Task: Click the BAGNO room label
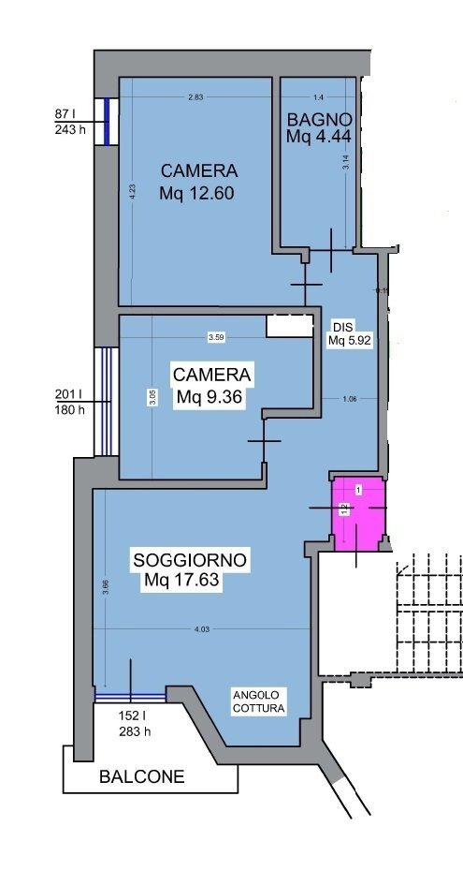pyautogui.click(x=319, y=120)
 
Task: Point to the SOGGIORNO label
pyautogui.click(x=190, y=560)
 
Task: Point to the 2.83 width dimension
pyautogui.click(x=195, y=97)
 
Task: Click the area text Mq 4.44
pyautogui.click(x=319, y=137)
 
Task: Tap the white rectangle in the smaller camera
pyautogui.click(x=289, y=325)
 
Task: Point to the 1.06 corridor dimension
pyautogui.click(x=350, y=400)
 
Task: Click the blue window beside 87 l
pyautogui.click(x=108, y=121)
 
